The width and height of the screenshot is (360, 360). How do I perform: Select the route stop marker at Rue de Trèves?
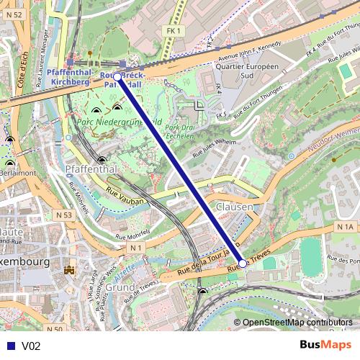coord(243,264)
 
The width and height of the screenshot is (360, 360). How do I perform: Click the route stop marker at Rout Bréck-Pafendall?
coord(117,76)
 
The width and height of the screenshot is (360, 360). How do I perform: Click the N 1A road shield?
coord(346,227)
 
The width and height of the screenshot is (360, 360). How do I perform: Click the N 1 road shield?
coord(135,248)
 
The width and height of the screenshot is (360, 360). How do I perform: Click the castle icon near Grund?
coord(70,270)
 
